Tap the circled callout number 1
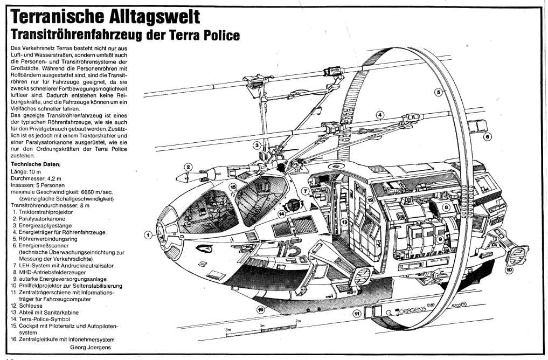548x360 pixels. [x=147, y=234]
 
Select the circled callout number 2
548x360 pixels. [x=188, y=167]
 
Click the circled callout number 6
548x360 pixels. [x=488, y=137]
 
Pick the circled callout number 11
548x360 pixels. [x=356, y=313]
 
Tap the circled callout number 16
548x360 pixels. [x=261, y=309]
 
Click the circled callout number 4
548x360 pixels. [x=380, y=114]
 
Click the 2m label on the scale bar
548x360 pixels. [x=297, y=321]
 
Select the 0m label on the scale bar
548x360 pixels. [x=228, y=330]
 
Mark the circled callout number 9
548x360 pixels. [x=440, y=238]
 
